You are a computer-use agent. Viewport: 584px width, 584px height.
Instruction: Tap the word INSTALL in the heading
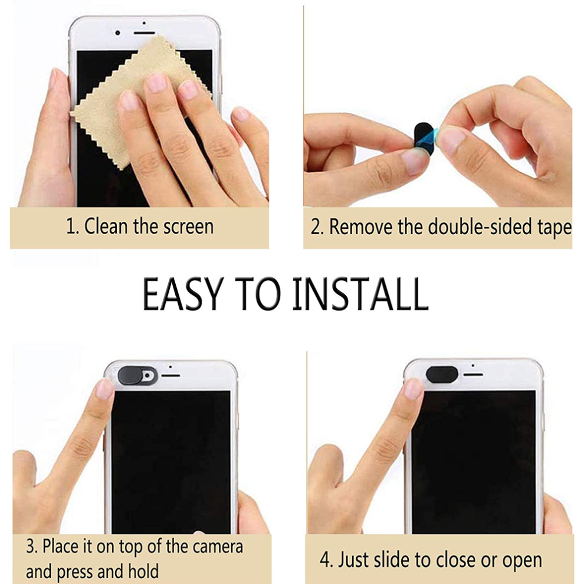pos(360,294)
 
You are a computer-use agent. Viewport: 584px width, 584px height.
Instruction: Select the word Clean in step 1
pos(106,227)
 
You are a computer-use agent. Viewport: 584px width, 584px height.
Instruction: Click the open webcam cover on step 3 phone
pos(137,375)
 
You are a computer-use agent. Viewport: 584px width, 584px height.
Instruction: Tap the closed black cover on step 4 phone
pos(442,373)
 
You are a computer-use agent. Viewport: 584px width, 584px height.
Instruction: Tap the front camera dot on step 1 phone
pos(118,33)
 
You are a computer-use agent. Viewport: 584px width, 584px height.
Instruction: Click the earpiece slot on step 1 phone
pos(144,33)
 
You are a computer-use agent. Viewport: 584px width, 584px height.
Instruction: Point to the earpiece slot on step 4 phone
pos(473,375)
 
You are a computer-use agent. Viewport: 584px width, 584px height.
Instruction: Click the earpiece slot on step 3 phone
pos(170,375)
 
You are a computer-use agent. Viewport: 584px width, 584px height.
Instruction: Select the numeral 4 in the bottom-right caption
pos(324,559)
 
